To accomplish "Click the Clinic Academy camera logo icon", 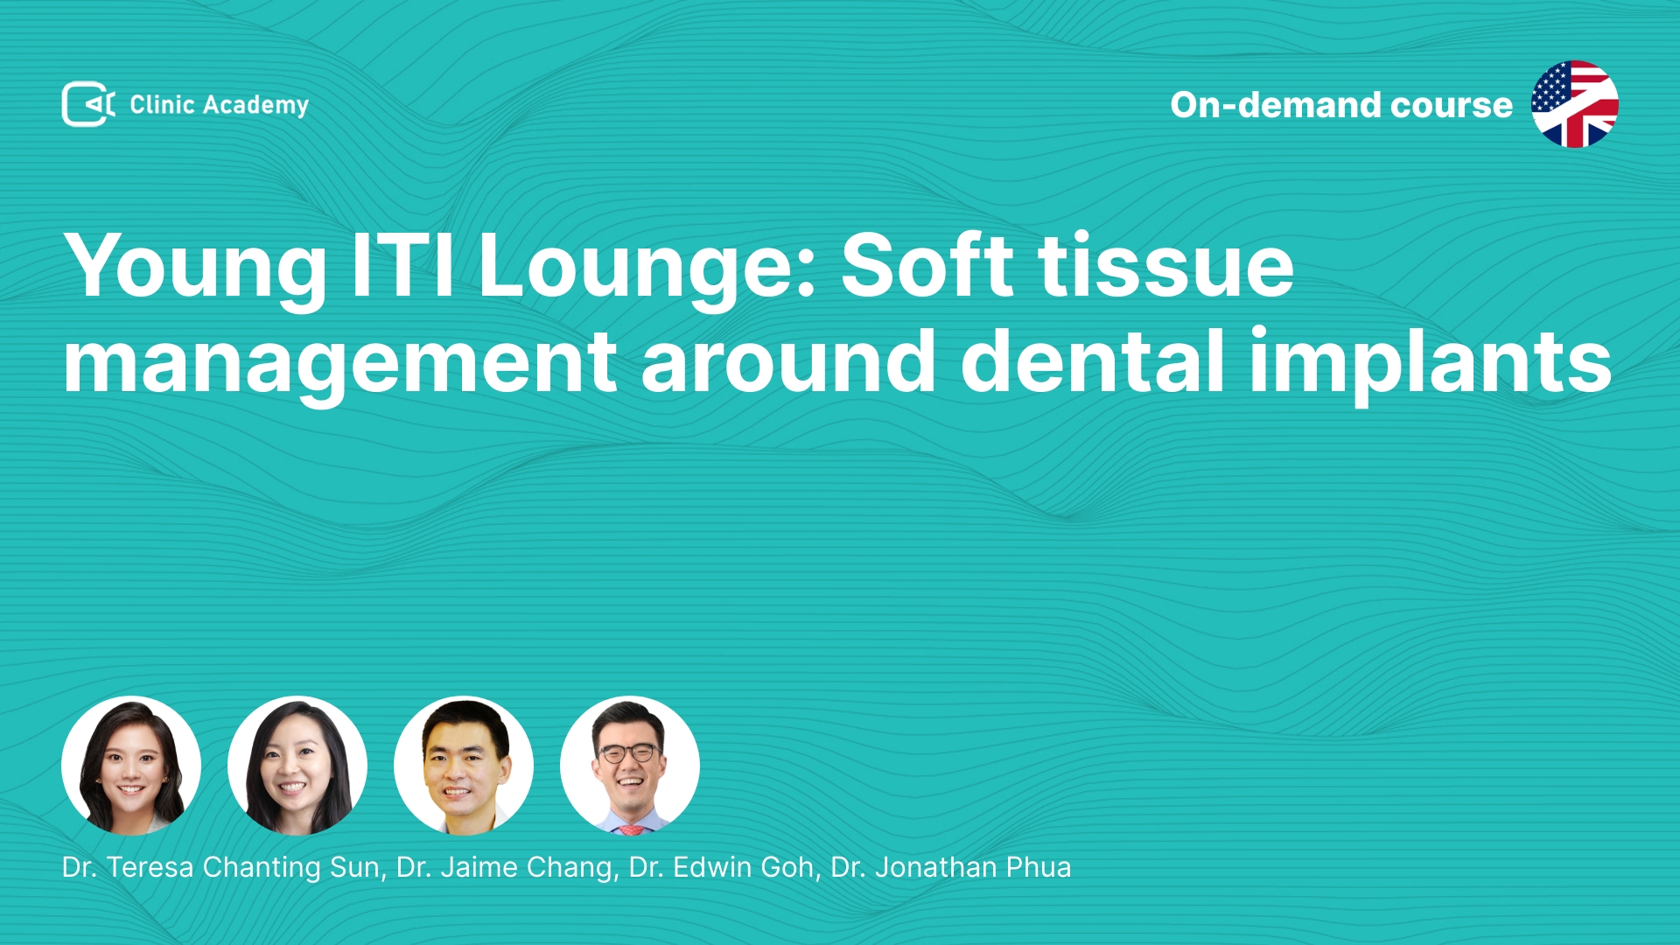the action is [x=88, y=104].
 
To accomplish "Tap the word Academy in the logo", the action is [x=255, y=106].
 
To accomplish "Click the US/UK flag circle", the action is [x=1574, y=104].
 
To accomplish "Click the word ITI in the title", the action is [x=402, y=264].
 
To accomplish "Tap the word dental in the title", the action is [x=1093, y=360].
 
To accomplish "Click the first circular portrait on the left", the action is [x=131, y=766].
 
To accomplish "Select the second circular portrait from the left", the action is [x=297, y=766].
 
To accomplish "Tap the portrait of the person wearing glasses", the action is [x=630, y=766].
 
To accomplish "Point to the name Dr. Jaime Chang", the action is [x=505, y=868].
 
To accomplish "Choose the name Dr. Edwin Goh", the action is [x=722, y=867].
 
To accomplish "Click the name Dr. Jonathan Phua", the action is [x=951, y=867].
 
